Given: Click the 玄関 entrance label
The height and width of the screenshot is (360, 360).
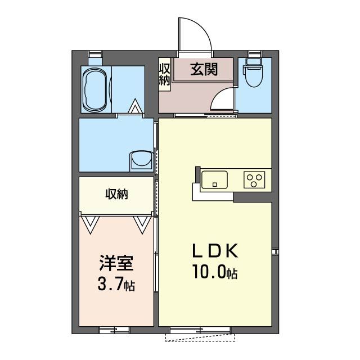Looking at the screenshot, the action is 204,69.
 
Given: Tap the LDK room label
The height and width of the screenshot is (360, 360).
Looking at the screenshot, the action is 215,251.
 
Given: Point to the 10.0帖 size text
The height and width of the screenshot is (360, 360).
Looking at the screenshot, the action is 215,272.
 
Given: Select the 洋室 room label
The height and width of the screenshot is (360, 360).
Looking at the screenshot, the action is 116,263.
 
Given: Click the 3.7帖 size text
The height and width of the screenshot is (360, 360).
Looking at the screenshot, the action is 116,284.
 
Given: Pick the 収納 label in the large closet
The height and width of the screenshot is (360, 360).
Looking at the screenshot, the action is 116,194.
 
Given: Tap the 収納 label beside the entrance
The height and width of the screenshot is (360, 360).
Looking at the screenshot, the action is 165,74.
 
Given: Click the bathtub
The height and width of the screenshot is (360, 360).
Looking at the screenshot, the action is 95,89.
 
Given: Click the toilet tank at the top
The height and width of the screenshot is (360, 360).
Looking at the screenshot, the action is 254,62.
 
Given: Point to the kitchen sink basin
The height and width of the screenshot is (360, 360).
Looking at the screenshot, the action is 214,179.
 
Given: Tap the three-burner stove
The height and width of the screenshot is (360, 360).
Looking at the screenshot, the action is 254,179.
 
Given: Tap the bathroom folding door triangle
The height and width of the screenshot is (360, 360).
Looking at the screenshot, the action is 135,106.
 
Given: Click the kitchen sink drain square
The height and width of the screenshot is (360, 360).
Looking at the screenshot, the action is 215,184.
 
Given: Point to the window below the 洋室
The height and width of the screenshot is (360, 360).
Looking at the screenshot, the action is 114,330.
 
